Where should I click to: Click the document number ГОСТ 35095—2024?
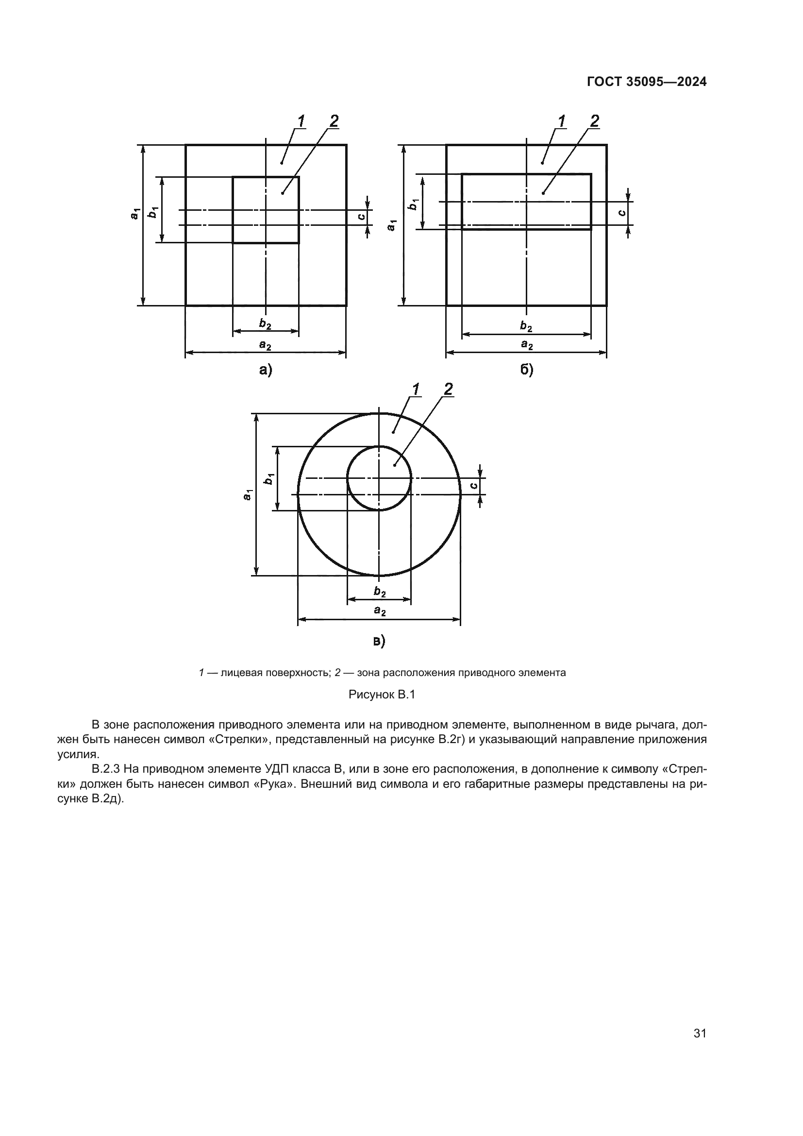pyautogui.click(x=647, y=82)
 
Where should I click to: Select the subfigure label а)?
pyautogui.click(x=266, y=370)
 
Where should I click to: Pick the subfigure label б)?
pyautogui.click(x=527, y=370)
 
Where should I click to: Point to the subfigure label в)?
pyautogui.click(x=379, y=641)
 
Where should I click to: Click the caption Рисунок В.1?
pyautogui.click(x=382, y=695)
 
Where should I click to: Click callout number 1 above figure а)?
pyautogui.click(x=301, y=121)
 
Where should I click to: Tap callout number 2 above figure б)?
pyautogui.click(x=594, y=121)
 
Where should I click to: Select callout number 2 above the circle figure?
pyautogui.click(x=448, y=390)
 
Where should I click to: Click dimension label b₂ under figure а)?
pyautogui.click(x=266, y=324)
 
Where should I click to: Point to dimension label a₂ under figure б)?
pyautogui.click(x=527, y=345)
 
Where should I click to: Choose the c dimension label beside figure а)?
pyautogui.click(x=362, y=217)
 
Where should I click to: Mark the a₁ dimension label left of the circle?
pyautogui.click(x=248, y=494)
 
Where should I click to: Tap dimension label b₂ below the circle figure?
pyautogui.click(x=380, y=591)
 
